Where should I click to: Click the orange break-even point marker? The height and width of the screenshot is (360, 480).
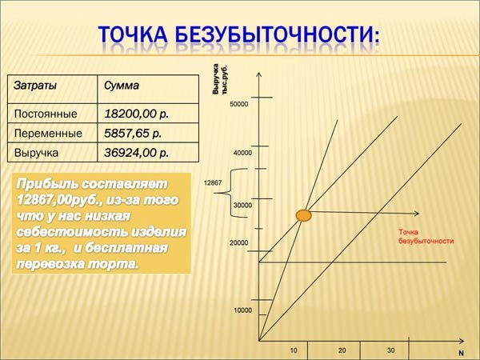coord(304,215)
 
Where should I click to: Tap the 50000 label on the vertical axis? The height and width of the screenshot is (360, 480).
coord(239,104)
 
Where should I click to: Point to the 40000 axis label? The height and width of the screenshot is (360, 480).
coord(242,153)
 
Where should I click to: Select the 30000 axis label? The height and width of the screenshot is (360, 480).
coord(242,206)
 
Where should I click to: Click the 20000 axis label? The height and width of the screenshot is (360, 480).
coord(239,243)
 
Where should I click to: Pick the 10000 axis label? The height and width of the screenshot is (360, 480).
coord(242,310)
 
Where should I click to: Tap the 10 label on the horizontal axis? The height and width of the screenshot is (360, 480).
coord(294,350)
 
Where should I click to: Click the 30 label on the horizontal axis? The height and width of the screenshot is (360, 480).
coord(390,350)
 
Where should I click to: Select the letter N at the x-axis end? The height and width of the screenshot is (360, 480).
coord(461,354)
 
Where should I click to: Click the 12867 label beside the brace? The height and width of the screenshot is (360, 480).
coord(213,183)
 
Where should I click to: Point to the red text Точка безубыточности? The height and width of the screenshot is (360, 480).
coord(426,236)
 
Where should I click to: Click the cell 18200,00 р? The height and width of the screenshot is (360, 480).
coord(137,114)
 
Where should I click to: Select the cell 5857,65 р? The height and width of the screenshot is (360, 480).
coord(133,133)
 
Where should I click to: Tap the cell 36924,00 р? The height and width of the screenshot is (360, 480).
coord(137,153)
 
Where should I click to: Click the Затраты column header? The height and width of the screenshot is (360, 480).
coord(35,86)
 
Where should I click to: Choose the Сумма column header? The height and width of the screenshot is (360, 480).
coord(122,86)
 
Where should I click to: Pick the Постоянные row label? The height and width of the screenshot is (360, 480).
coord(46,114)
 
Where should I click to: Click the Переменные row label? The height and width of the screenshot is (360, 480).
coord(48,134)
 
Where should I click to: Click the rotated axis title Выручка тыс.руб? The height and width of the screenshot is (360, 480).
coord(220,79)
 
